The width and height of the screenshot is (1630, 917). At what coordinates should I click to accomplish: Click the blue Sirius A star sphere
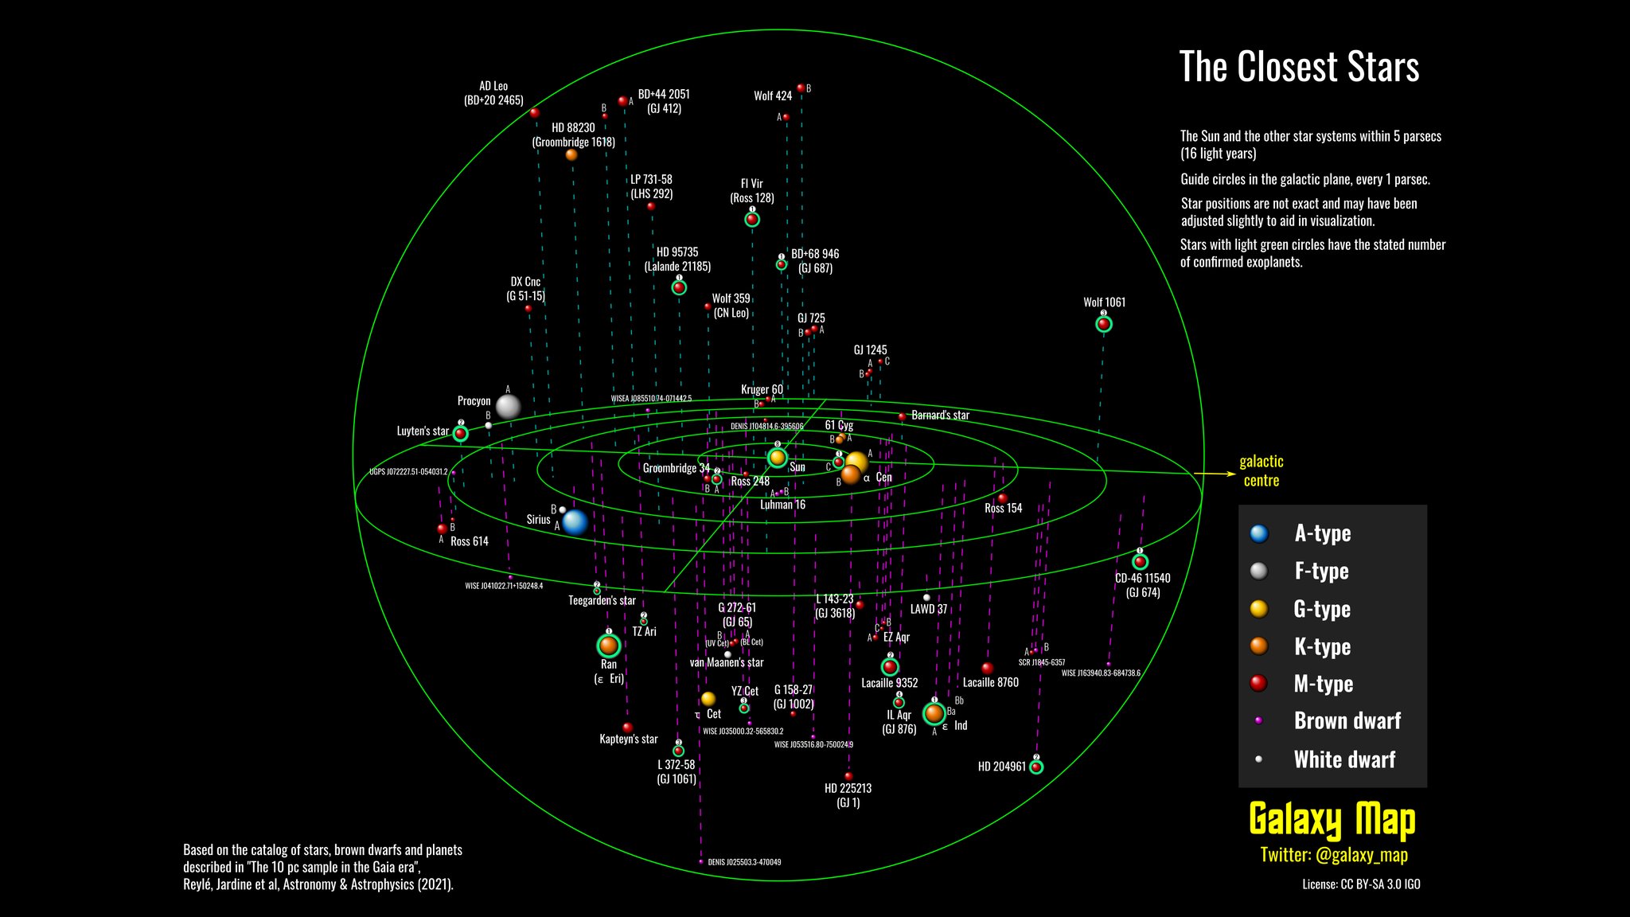[575, 522]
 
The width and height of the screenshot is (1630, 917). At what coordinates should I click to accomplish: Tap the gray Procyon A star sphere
[508, 407]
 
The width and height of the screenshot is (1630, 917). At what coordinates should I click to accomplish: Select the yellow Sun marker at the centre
[777, 458]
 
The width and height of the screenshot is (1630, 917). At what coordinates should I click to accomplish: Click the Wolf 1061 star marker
[1103, 324]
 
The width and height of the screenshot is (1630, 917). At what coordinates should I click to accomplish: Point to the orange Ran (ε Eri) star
[609, 645]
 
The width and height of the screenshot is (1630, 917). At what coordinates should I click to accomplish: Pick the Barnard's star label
[940, 416]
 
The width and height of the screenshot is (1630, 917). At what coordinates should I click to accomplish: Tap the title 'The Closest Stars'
[1299, 67]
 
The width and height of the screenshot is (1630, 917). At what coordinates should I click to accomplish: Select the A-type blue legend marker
[1259, 533]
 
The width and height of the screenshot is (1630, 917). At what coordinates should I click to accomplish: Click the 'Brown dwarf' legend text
[1347, 721]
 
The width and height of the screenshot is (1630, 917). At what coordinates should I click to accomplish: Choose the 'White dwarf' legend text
[1344, 759]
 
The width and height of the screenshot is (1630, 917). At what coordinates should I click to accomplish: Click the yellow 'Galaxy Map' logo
[1332, 820]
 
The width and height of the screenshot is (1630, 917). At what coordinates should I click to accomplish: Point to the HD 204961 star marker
[1036, 767]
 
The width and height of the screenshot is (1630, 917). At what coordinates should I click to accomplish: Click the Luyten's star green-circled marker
[460, 434]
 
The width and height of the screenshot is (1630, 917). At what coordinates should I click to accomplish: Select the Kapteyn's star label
[629, 739]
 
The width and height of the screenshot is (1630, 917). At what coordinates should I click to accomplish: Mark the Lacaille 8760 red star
[988, 669]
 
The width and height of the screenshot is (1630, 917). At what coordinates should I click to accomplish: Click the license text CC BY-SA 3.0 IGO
[1361, 884]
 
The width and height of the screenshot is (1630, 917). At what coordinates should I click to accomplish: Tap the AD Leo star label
[493, 93]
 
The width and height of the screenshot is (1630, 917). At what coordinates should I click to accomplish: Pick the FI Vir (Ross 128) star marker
[752, 219]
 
